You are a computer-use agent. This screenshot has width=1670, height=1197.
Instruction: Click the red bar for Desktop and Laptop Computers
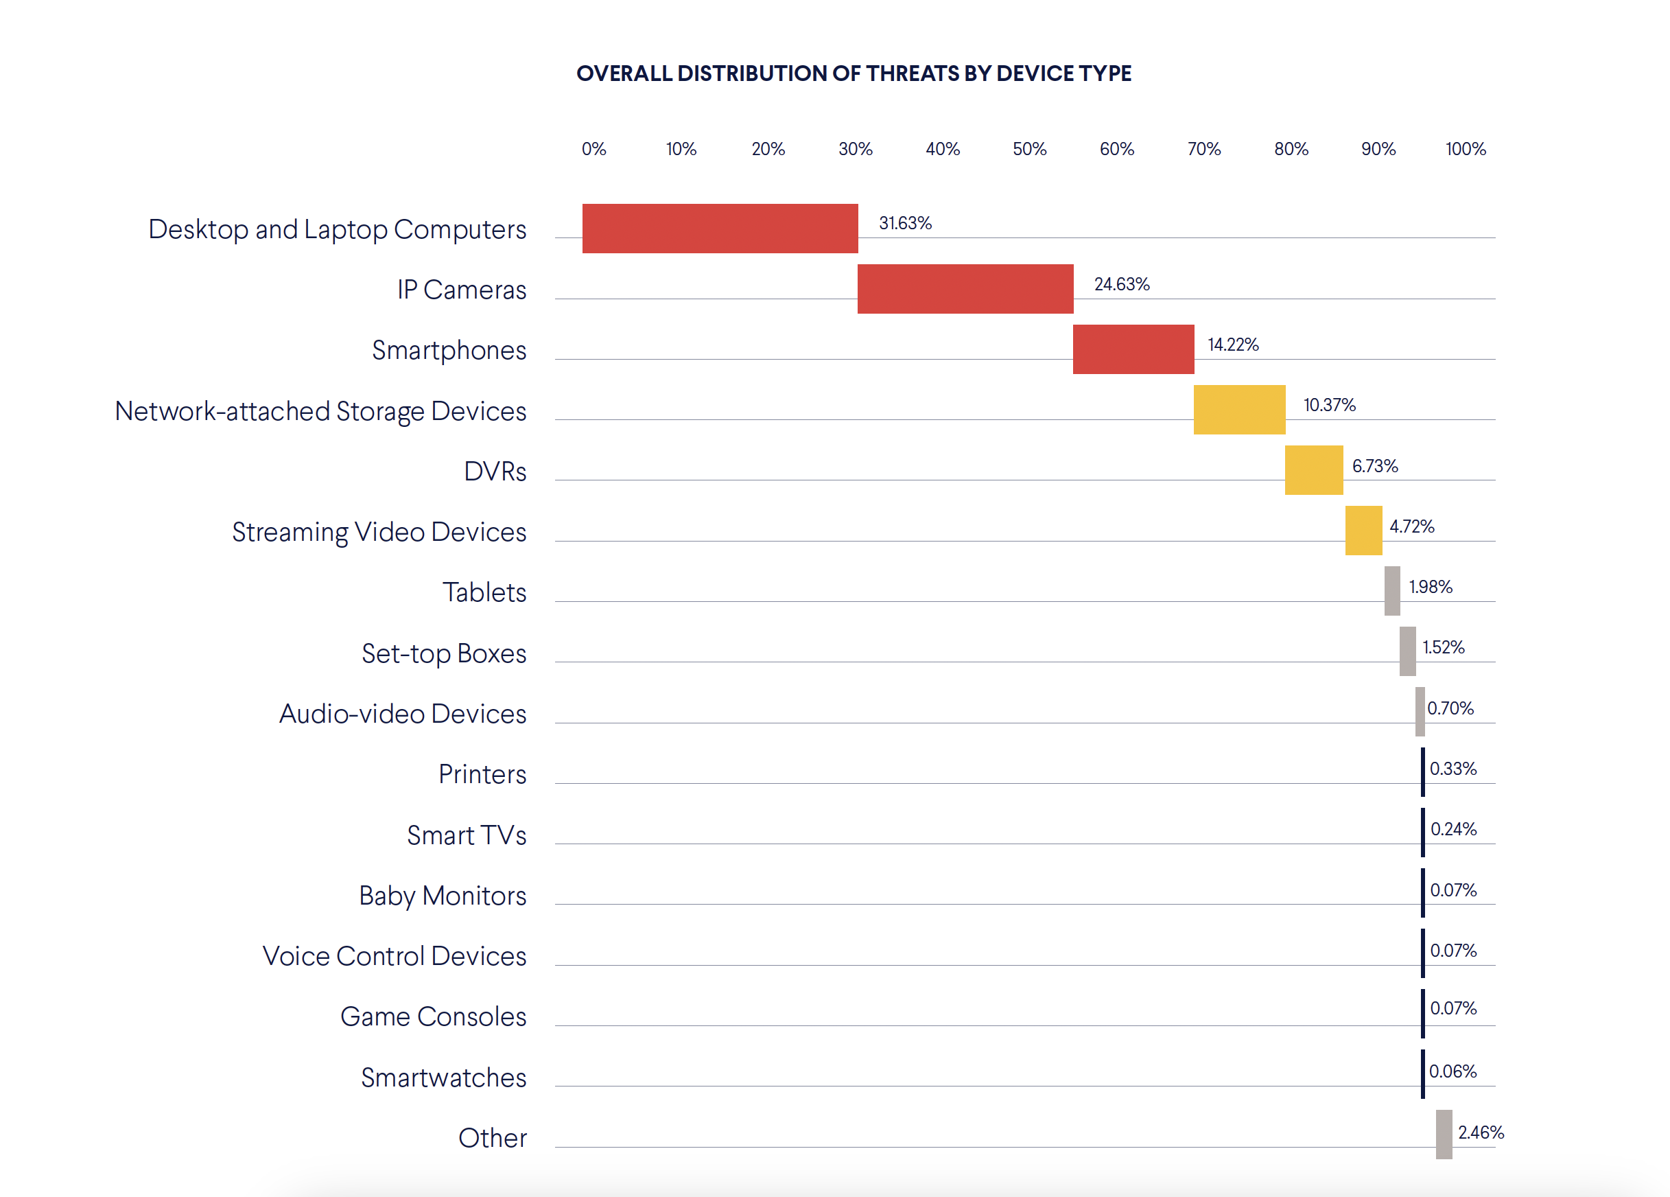(720, 229)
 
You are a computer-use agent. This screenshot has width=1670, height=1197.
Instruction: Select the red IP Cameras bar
(965, 289)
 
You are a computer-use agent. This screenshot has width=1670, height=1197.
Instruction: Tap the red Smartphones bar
(1133, 349)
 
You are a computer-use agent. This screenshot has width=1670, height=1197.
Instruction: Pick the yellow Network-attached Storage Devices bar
(1238, 410)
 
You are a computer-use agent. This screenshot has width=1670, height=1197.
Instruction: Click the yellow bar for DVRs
(1313, 470)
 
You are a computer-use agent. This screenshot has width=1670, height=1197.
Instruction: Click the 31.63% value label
(905, 223)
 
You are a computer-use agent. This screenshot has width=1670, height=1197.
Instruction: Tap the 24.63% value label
(1120, 284)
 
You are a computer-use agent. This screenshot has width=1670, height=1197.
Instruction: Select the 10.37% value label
(1328, 405)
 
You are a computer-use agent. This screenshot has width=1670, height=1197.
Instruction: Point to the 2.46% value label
(1480, 1132)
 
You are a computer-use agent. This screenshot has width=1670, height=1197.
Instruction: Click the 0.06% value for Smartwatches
(1452, 1071)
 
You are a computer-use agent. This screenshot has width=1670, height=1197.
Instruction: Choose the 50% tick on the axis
(1028, 149)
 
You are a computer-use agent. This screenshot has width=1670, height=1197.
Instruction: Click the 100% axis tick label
(1465, 149)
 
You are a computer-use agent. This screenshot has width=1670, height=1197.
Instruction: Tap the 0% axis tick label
(593, 149)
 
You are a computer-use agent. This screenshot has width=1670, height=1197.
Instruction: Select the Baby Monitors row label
(443, 896)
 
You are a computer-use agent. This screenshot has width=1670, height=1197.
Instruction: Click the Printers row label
(482, 774)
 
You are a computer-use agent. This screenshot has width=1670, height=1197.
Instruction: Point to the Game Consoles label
(433, 1016)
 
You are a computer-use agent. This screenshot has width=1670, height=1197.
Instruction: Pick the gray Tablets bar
(1391, 591)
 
